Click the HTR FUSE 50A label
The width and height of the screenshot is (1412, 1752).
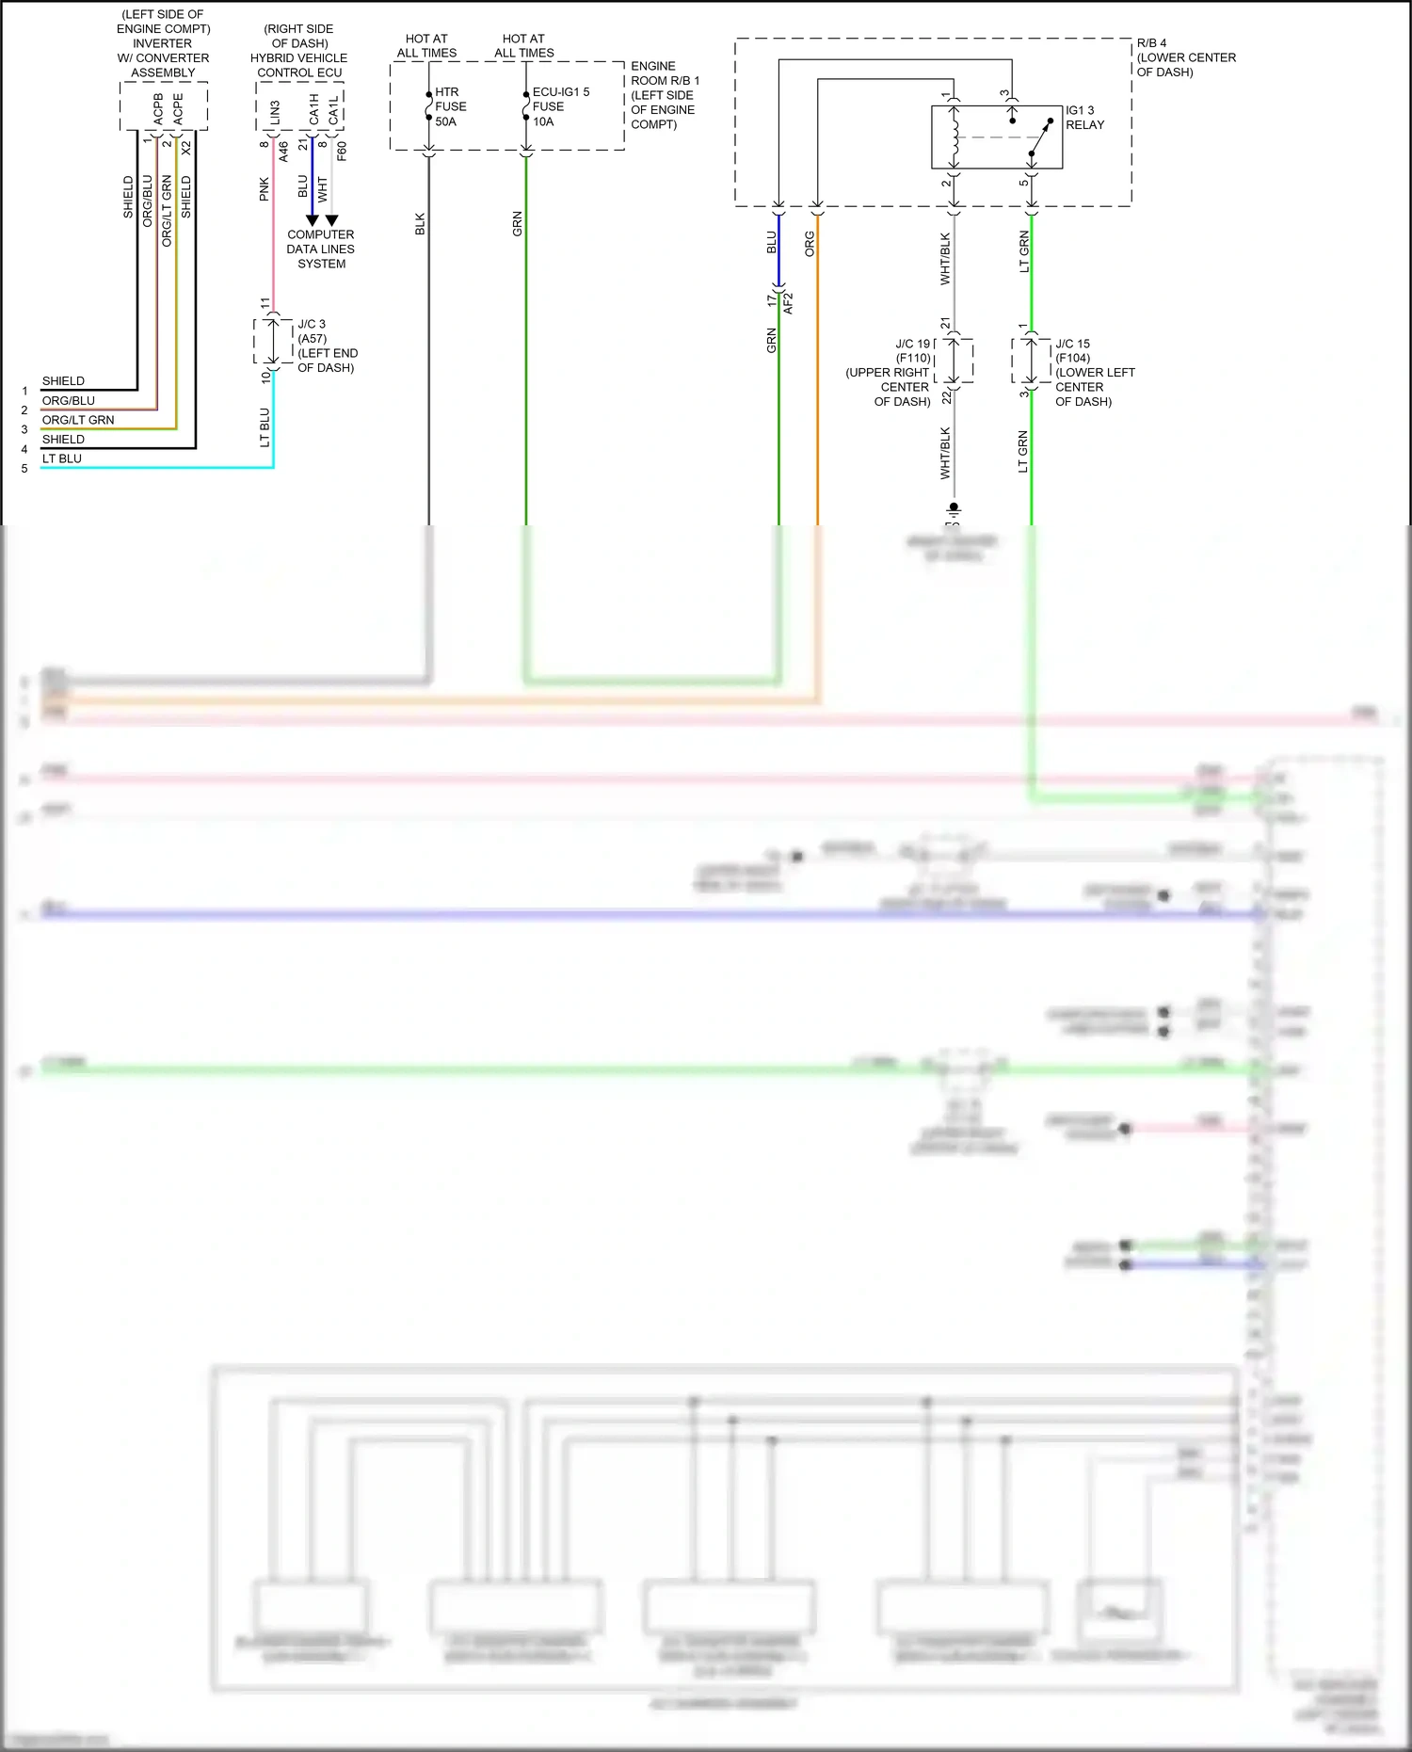(450, 106)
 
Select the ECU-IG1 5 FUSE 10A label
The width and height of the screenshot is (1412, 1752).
(559, 106)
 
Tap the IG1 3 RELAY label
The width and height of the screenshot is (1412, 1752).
(1084, 118)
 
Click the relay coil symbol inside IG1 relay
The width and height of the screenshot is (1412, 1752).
(955, 137)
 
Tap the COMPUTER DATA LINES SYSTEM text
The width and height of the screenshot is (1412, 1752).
(321, 249)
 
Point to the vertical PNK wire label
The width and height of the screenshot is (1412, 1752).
(265, 189)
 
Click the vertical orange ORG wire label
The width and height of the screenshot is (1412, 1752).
(810, 244)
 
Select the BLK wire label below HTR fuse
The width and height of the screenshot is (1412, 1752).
(420, 224)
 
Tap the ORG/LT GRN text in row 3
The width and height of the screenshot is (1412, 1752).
(78, 420)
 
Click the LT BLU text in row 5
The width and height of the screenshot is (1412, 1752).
(62, 458)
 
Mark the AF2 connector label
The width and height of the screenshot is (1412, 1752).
(788, 303)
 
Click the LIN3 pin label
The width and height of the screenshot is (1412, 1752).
(275, 112)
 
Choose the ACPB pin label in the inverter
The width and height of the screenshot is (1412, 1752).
(158, 108)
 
